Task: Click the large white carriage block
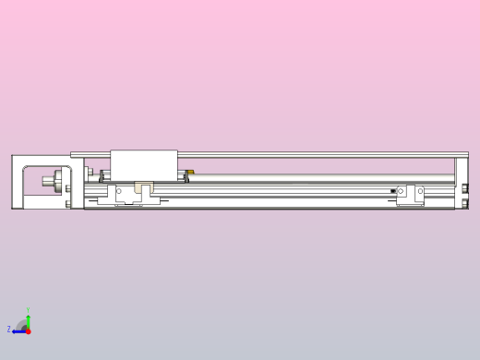(143, 163)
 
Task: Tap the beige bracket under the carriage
(140, 188)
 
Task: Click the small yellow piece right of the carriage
(189, 172)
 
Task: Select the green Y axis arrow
(28, 320)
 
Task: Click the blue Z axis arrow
(18, 330)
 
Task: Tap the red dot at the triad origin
(28, 330)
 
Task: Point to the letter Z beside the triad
(9, 330)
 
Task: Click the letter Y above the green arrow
(28, 311)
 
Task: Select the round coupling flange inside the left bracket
(59, 180)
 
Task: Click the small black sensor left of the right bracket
(393, 191)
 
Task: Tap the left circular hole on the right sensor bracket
(401, 191)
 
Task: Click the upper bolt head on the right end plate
(465, 188)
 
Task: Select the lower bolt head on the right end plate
(465, 201)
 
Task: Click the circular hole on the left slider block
(119, 191)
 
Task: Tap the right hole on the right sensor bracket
(419, 191)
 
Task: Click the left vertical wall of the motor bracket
(15, 182)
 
